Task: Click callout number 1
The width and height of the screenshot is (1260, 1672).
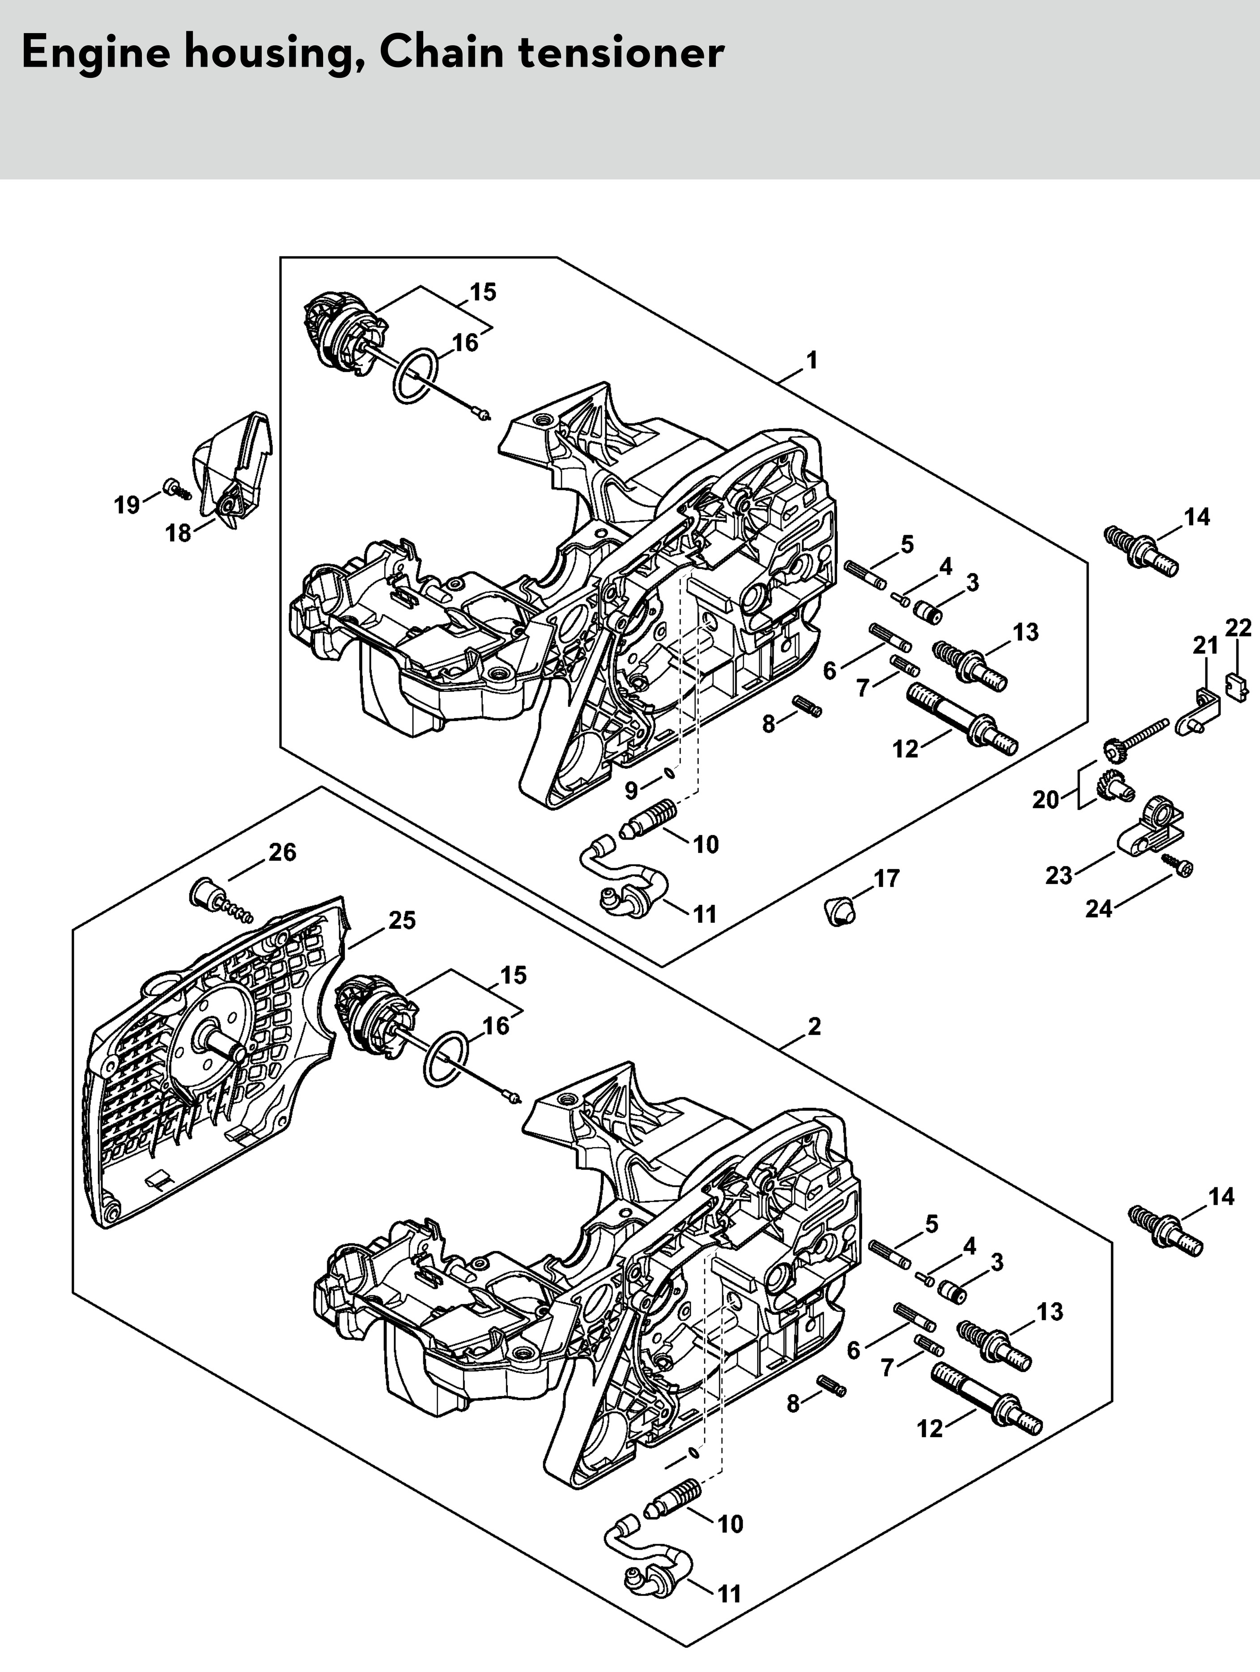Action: [812, 361]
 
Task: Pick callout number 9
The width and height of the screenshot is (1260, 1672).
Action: [632, 791]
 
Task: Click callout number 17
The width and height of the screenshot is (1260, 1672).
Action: [887, 879]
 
